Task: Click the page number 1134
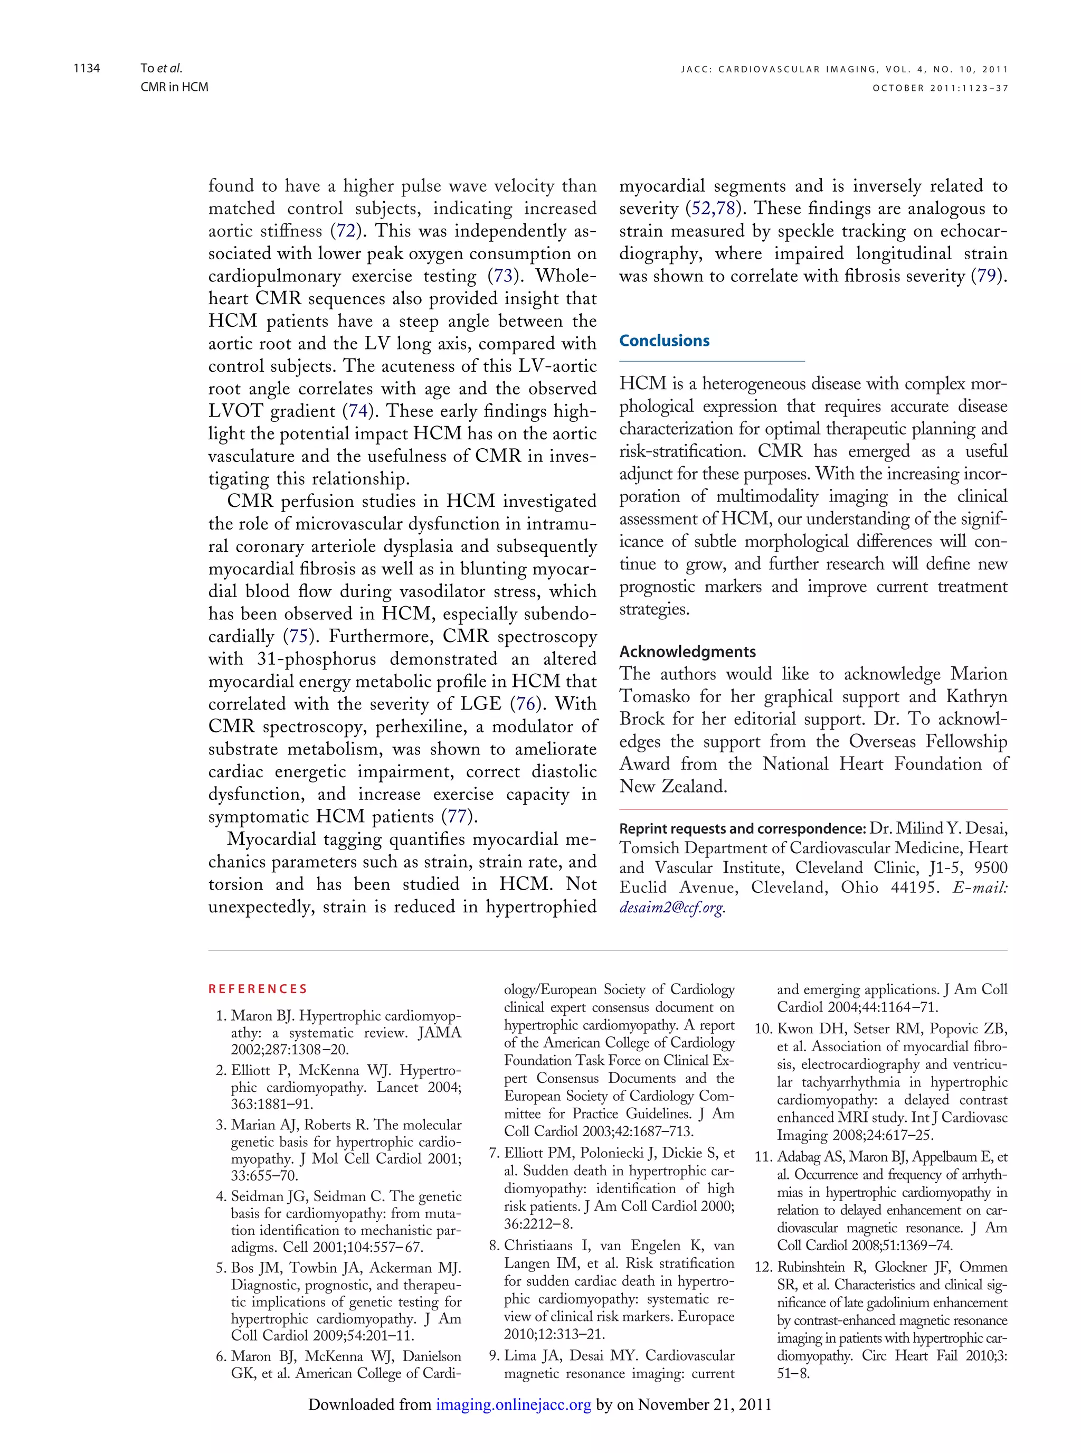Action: [x=87, y=68]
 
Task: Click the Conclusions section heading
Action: [x=664, y=341]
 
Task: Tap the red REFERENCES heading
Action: [x=258, y=989]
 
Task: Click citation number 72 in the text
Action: [x=347, y=231]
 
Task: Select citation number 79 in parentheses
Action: [x=986, y=276]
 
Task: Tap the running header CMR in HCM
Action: [x=174, y=87]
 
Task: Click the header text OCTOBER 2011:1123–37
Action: [x=940, y=88]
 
